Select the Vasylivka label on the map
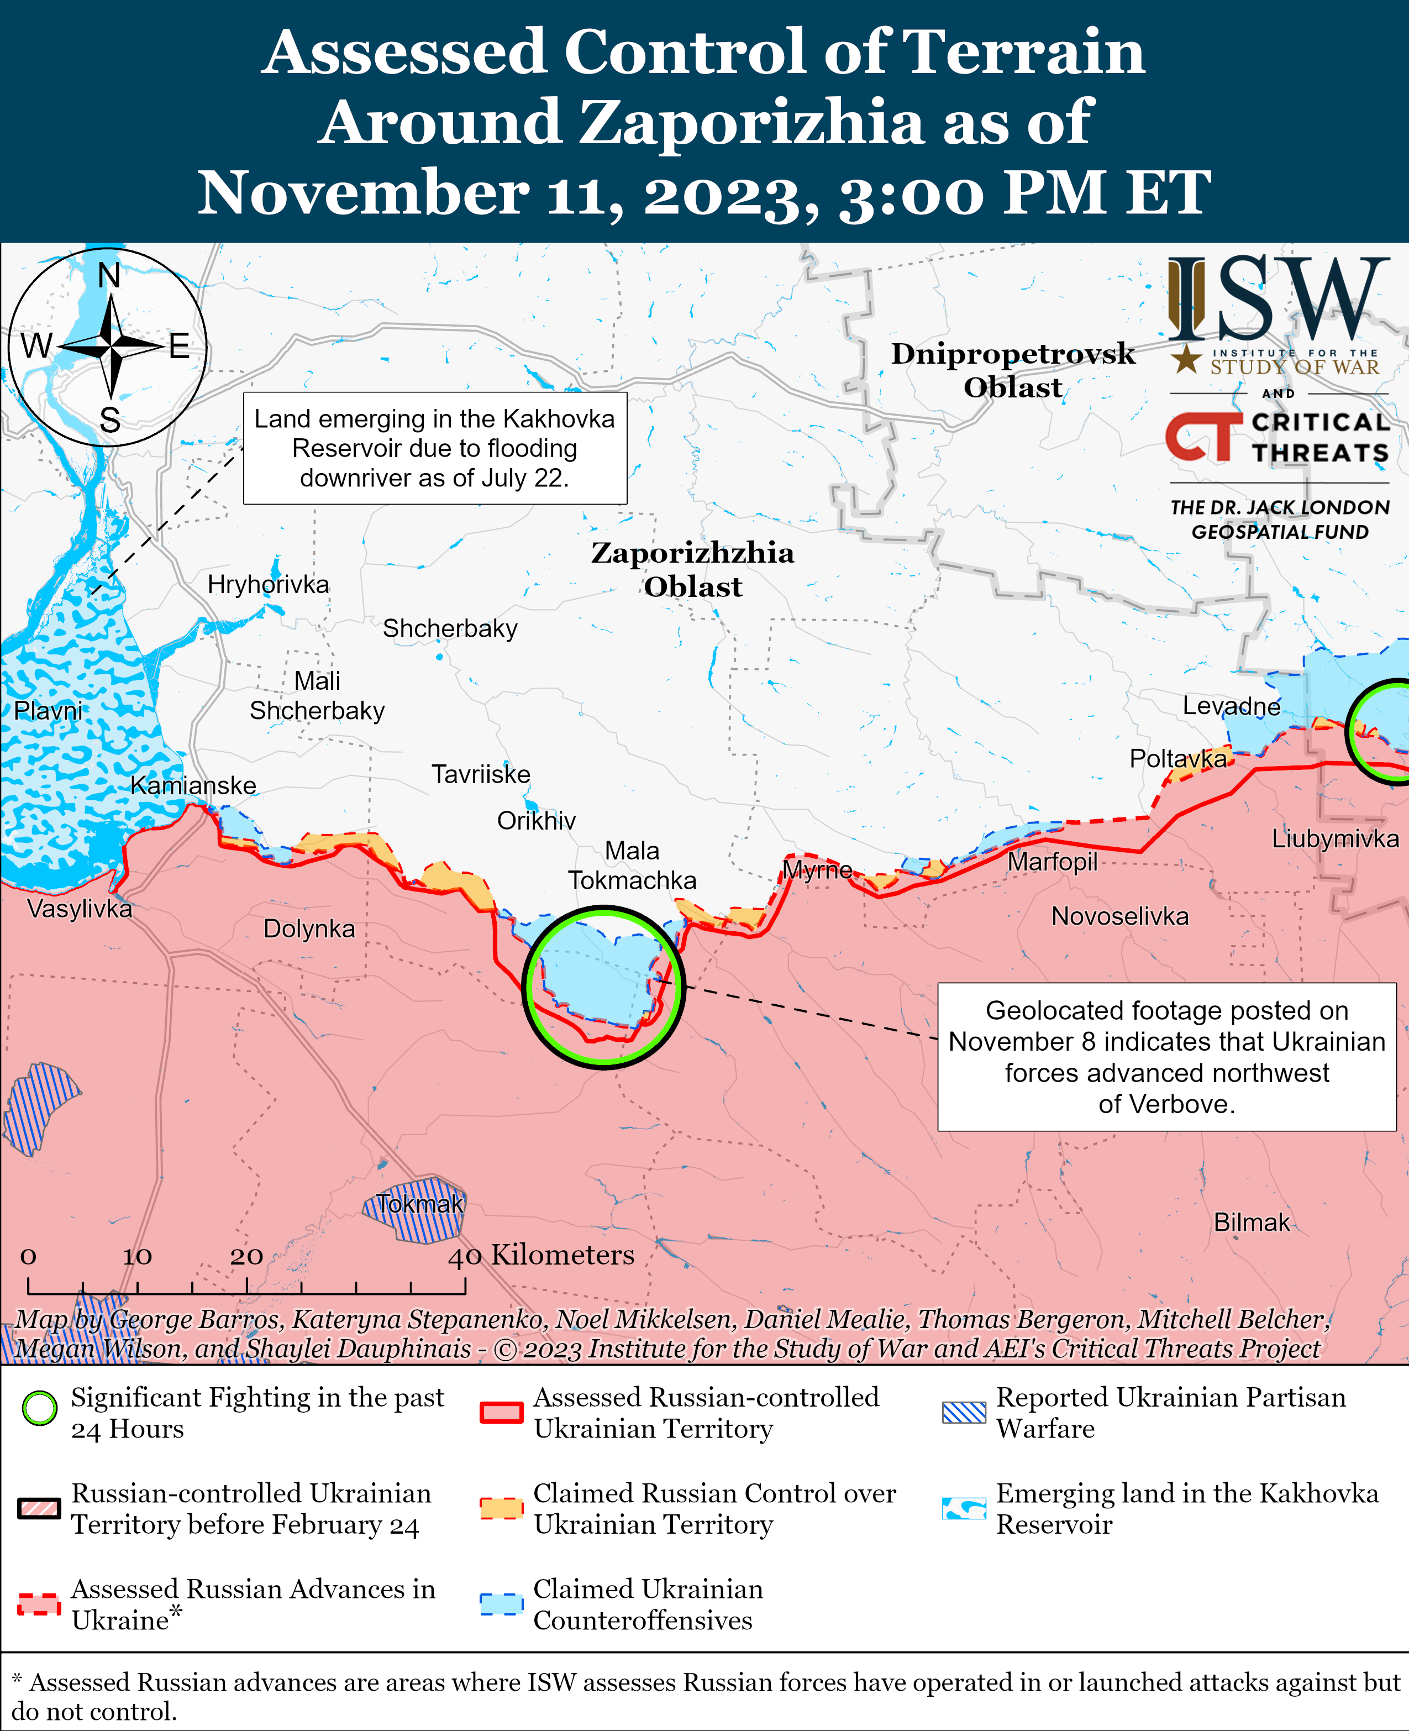(80, 908)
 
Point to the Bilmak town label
(1251, 1222)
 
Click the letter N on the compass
(109, 276)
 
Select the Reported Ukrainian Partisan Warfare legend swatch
(964, 1412)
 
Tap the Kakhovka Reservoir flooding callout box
(434, 448)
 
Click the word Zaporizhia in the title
(755, 122)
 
